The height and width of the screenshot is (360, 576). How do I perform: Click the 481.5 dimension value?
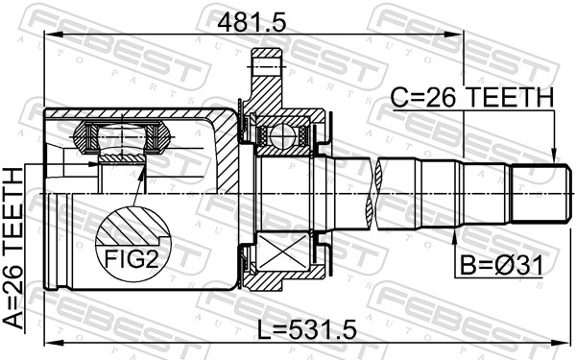(x=252, y=23)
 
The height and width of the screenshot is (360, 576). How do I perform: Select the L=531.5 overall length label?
(x=306, y=329)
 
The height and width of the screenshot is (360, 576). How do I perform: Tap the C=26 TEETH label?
(x=471, y=98)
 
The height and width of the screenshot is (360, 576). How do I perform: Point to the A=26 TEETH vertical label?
(x=13, y=249)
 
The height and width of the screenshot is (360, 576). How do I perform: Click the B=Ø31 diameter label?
(x=501, y=266)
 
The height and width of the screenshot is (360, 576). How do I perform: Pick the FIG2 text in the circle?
(x=132, y=259)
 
